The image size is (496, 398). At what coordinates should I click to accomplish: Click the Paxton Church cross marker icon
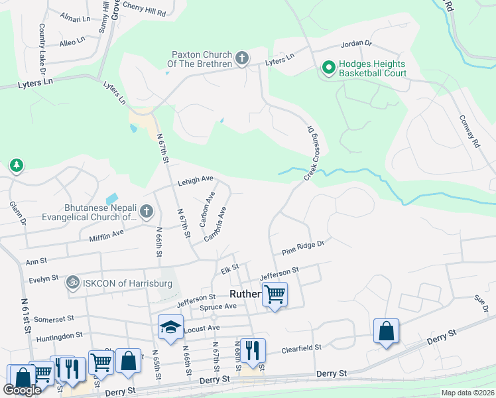242,59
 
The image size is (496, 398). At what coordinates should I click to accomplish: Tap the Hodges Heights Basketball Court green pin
328,67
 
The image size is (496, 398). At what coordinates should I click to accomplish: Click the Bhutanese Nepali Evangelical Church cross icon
147,212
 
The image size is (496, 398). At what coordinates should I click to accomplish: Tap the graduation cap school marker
170,326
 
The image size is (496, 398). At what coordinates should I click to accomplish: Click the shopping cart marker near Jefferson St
275,293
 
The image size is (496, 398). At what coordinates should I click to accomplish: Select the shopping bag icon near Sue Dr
386,330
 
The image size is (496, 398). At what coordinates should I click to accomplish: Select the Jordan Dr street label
357,44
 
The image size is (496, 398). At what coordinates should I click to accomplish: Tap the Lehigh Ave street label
195,179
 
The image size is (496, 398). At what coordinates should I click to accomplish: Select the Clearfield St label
301,347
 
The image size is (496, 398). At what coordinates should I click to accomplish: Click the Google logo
22,390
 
